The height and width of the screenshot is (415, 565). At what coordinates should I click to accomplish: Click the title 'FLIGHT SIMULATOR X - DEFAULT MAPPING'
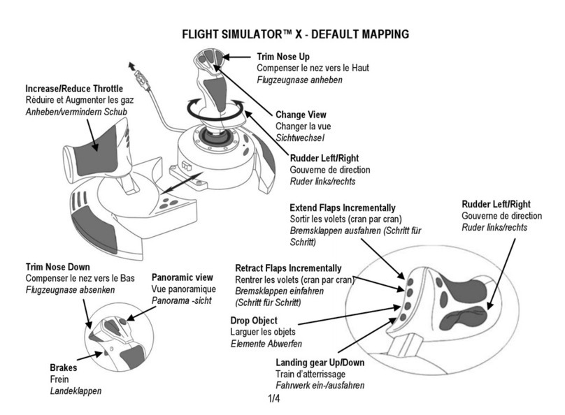click(x=295, y=34)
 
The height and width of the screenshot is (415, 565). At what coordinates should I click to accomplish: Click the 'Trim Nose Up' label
click(x=285, y=56)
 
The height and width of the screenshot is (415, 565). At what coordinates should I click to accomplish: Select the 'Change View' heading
click(x=301, y=115)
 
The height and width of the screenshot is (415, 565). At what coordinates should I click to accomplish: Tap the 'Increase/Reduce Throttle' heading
click(x=74, y=89)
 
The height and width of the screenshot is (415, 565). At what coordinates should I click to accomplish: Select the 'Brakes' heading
click(x=64, y=367)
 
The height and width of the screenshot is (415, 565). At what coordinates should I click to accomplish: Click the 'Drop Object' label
click(x=254, y=321)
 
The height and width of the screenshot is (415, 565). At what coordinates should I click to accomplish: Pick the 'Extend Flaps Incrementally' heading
click(x=342, y=208)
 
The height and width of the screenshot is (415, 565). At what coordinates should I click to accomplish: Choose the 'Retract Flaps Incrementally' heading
click(x=288, y=268)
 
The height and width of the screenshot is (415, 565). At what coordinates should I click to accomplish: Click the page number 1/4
click(x=273, y=399)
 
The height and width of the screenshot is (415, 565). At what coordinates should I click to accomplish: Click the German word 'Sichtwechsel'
click(x=301, y=138)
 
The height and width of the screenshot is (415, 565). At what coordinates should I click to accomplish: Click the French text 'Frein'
click(x=61, y=379)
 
